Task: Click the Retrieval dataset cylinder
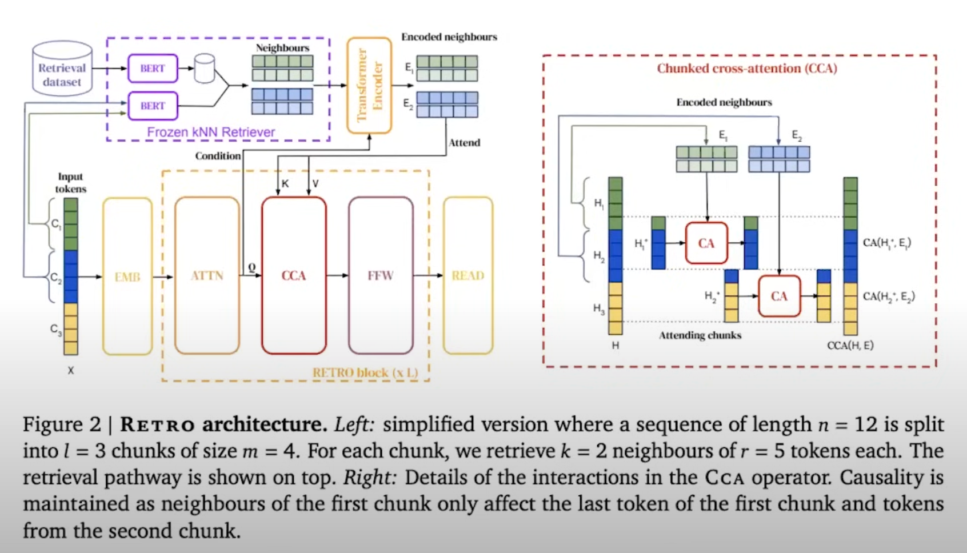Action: (x=62, y=69)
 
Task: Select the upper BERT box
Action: (x=153, y=69)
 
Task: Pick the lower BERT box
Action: (x=153, y=106)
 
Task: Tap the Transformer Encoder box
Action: (x=369, y=85)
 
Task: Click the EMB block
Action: (x=127, y=276)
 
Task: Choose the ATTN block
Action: (x=207, y=276)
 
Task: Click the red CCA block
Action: (x=294, y=276)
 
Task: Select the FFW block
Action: (x=381, y=276)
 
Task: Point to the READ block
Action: (x=468, y=276)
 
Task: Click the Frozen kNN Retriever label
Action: (x=211, y=132)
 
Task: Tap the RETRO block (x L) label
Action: (x=365, y=372)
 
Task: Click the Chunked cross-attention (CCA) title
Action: (x=747, y=69)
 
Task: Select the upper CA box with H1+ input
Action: (x=706, y=243)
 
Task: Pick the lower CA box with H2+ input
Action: (x=779, y=296)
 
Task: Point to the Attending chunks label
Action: (x=700, y=335)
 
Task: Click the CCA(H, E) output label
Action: (x=850, y=345)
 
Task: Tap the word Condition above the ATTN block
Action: (x=218, y=156)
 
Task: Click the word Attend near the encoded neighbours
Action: (x=464, y=143)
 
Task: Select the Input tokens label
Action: (x=70, y=183)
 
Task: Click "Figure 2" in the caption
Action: (x=62, y=424)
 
